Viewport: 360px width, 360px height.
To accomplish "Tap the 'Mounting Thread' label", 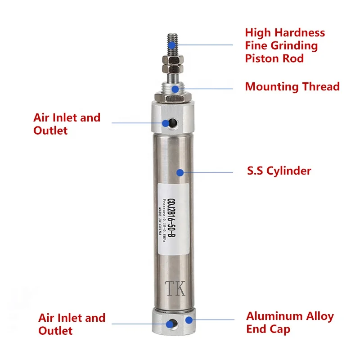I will coord(292,87).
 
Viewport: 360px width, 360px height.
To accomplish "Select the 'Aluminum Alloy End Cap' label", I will coord(290,323).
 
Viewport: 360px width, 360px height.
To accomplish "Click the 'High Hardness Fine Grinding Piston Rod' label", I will coord(285,45).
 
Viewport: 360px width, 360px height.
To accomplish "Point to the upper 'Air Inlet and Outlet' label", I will coord(67,124).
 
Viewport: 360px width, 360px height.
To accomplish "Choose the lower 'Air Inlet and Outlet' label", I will coord(72,324).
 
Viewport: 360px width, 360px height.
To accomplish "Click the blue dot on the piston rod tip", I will coord(173,45).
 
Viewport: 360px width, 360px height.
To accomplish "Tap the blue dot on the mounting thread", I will coord(174,89).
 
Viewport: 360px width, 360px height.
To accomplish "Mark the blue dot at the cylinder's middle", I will coord(180,172).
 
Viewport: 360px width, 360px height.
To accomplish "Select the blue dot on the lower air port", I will coord(170,323).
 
